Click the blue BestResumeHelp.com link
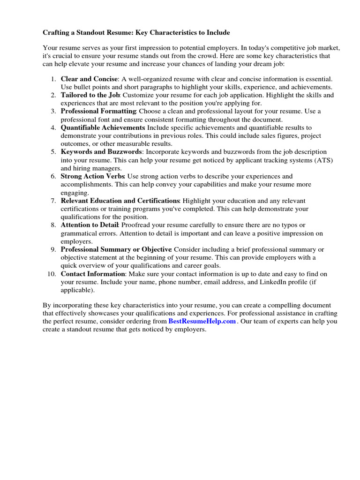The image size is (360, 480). (x=202, y=322)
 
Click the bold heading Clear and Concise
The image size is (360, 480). (x=89, y=79)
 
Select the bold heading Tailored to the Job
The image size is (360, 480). (x=90, y=95)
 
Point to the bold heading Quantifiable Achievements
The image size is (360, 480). (x=103, y=127)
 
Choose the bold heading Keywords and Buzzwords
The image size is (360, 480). (x=101, y=152)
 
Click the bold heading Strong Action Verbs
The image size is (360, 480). (x=92, y=176)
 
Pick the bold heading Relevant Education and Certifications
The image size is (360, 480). (x=120, y=201)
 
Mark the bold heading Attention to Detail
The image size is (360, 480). (x=89, y=225)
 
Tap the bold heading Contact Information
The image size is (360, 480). (x=93, y=274)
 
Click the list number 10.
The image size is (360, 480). (x=52, y=274)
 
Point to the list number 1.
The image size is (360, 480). (x=53, y=79)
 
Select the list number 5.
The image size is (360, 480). (x=53, y=152)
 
